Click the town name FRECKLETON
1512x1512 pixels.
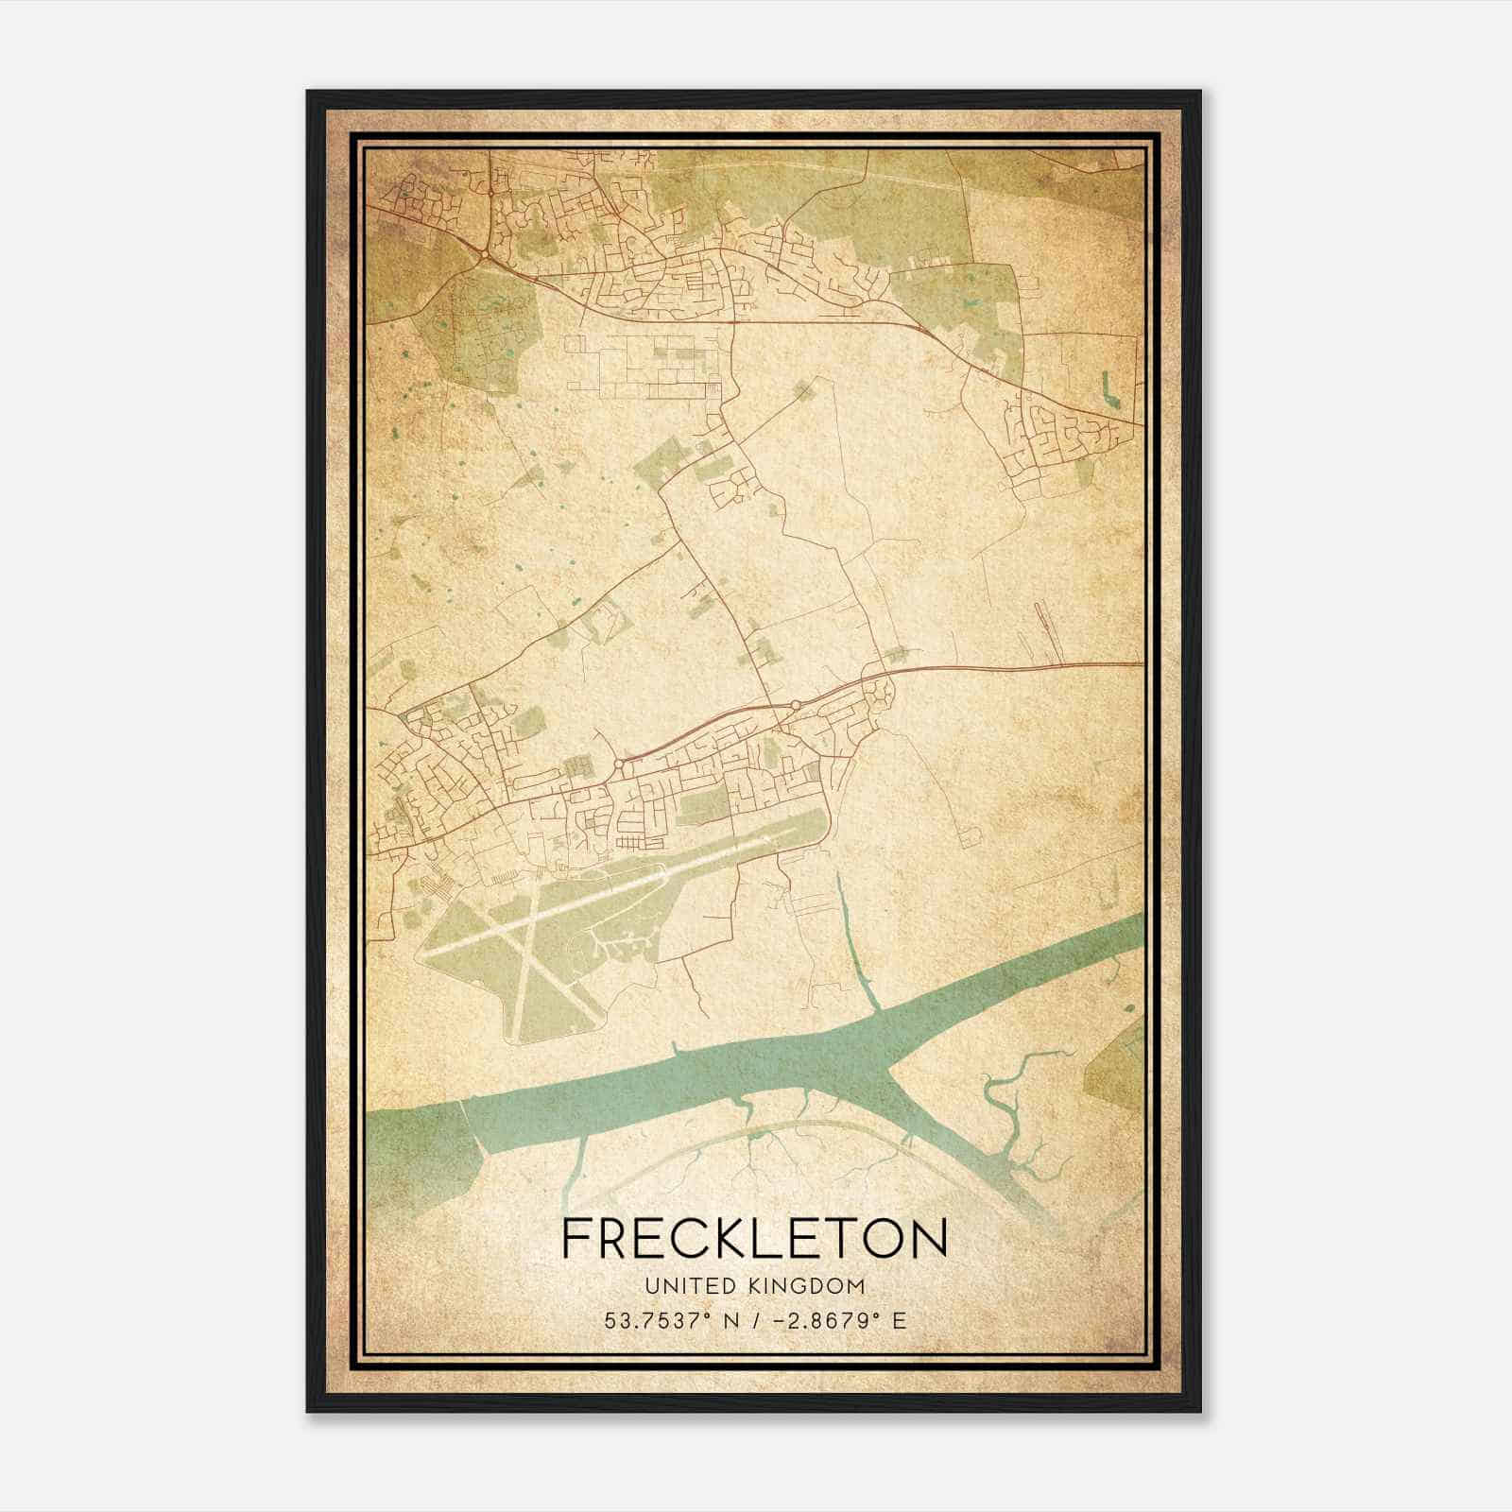point(754,1239)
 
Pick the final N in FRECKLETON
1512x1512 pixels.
point(928,1239)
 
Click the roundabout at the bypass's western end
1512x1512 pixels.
point(618,763)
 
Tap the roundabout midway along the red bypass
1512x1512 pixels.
point(796,704)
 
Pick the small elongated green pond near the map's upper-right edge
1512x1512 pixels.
point(1106,387)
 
